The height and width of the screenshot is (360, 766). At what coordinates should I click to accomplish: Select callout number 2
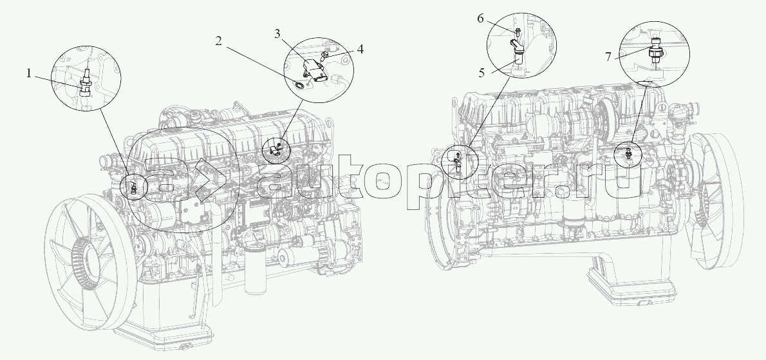coord(220,42)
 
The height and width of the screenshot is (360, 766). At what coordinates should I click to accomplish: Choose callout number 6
coord(480,19)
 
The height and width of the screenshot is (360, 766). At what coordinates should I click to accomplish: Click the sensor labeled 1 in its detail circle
coord(84,85)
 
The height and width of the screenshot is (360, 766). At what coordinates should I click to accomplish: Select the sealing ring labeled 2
coord(299,82)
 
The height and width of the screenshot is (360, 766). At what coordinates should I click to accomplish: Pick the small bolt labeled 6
coord(519,30)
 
